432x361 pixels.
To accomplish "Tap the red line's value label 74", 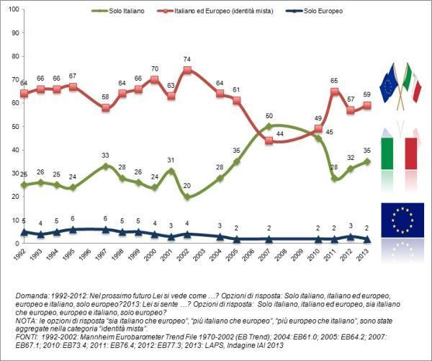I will tap(186, 59).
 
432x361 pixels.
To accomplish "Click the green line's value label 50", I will tap(268, 115).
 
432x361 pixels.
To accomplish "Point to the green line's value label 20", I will tap(187, 186).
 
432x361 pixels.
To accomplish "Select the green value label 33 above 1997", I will tap(105, 155).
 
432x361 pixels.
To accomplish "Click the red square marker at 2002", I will tap(187, 71).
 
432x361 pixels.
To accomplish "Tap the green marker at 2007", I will tap(269, 127).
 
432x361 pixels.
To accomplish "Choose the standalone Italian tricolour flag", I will tap(400, 153).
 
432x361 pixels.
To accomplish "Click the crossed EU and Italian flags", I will tap(400, 85).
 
